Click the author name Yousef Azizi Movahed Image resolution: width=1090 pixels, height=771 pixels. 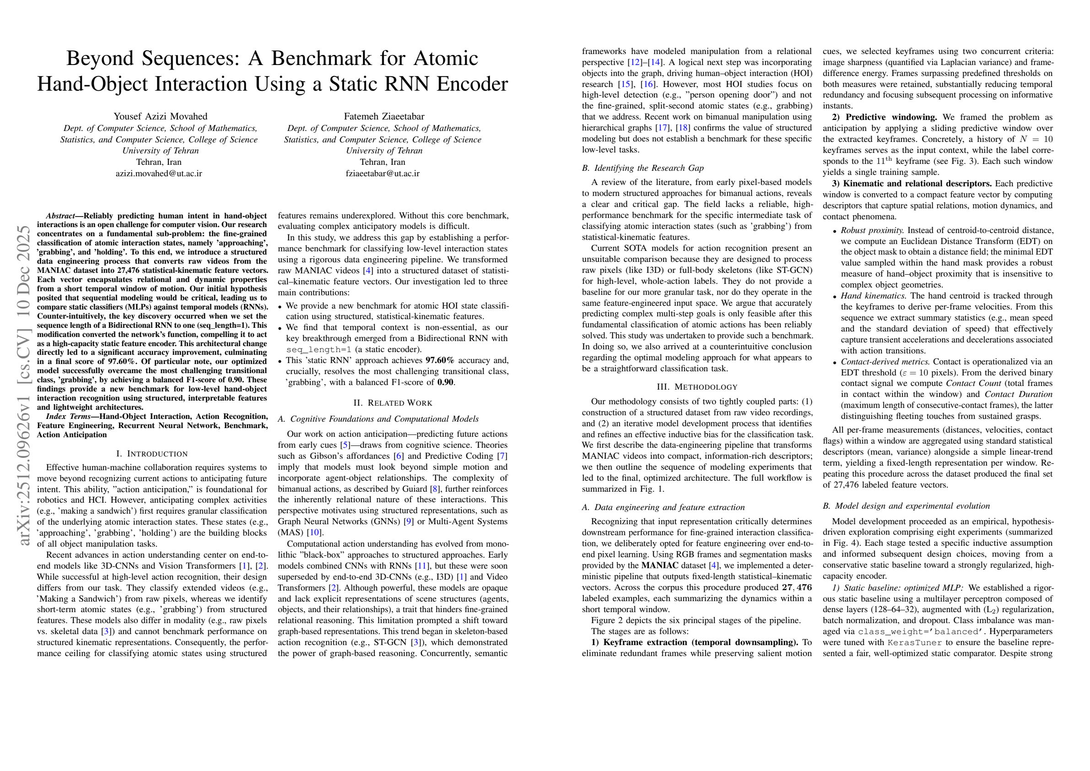coord(161,116)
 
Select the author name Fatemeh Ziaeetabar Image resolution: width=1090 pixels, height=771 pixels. coord(383,116)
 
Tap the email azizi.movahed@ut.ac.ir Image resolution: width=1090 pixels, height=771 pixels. coord(159,174)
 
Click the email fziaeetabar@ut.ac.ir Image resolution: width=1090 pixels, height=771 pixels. coord(383,174)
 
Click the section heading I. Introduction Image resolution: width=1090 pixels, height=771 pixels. coord(152,454)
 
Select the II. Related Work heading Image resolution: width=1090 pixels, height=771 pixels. coord(393,403)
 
